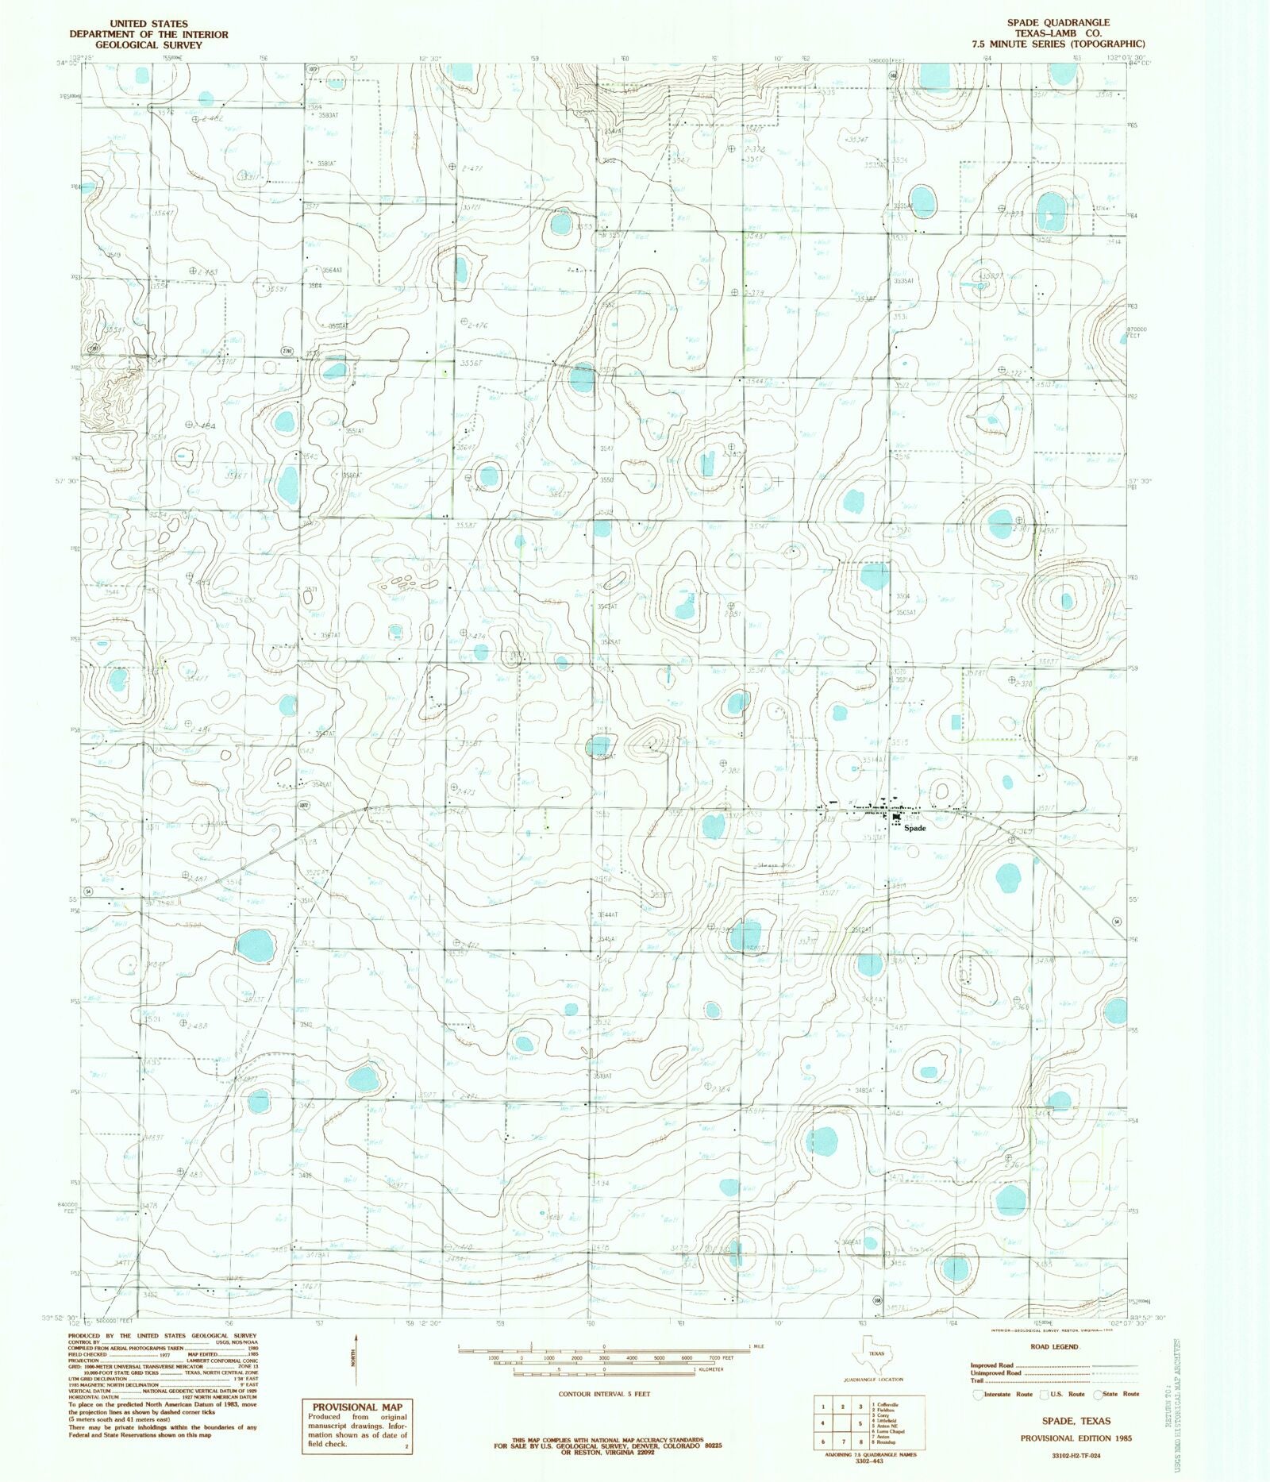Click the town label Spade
coord(914,828)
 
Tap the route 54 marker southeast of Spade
coord(1117,922)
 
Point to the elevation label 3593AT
coord(324,115)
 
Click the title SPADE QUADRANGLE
coord(1058,22)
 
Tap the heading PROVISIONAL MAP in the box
coord(355,1407)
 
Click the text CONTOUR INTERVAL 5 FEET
coord(604,1393)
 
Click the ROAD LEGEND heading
coord(1053,1346)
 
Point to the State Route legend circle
coord(1099,1395)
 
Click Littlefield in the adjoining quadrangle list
coord(887,1420)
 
